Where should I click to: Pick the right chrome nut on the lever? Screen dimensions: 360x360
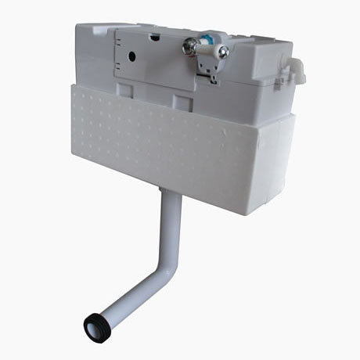coord(224,52)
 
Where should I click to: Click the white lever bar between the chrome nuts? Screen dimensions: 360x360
coord(208,49)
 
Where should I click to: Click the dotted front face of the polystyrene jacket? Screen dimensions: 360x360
coord(157,133)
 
